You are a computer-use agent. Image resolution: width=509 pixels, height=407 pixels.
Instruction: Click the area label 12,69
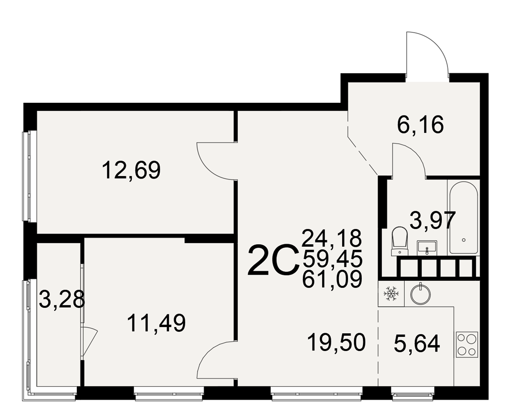[x=131, y=170]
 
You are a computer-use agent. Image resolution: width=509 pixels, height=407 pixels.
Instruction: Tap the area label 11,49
[x=156, y=323]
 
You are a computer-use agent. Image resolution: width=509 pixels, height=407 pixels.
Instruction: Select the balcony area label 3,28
[x=62, y=300]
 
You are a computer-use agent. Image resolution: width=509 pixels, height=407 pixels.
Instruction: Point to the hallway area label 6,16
[x=420, y=125]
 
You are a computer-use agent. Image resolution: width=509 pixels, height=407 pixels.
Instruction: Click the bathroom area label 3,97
[x=433, y=220]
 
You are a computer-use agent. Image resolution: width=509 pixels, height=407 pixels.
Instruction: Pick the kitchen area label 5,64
[x=417, y=344]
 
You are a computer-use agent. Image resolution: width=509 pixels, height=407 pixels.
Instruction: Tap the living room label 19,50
[x=336, y=342]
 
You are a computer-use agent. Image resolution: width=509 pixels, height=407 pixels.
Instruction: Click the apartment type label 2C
[x=273, y=261]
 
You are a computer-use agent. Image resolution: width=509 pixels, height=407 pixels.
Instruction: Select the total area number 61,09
[x=332, y=279]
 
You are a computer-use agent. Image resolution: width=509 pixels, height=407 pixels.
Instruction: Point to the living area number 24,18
[x=332, y=239]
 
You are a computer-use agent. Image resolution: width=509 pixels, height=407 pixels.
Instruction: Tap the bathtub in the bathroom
[x=464, y=217]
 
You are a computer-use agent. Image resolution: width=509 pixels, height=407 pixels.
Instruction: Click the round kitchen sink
[x=421, y=294]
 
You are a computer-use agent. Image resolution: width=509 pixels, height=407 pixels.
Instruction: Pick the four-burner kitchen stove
[x=467, y=344]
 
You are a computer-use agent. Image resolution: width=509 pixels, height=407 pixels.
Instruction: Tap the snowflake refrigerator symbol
[x=391, y=294]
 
